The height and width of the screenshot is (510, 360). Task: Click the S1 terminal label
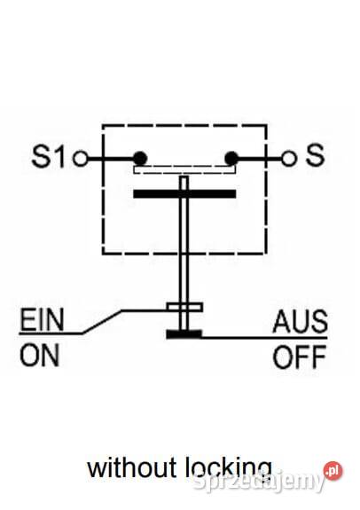49,157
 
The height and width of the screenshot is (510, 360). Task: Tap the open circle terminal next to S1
81,159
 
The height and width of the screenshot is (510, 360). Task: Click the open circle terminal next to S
288,159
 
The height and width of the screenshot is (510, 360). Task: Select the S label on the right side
315,155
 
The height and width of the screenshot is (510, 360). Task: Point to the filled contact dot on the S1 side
140,159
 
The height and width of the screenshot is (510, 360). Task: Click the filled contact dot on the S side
231,159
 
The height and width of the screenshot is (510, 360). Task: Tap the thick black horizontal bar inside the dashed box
184,194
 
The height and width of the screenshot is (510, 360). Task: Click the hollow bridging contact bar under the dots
184,169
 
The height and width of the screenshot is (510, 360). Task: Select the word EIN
42,320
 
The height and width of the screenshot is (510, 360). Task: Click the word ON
40,355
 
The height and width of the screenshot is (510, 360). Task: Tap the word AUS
300,321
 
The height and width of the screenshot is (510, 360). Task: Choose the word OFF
299,357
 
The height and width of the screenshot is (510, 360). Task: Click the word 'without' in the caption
132,467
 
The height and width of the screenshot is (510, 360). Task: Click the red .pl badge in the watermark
333,471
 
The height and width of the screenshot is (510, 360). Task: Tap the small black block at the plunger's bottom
184,334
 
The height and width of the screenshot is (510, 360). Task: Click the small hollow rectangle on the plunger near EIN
184,308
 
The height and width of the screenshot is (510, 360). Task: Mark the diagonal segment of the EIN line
101,322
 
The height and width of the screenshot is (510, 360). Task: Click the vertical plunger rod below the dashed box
184,279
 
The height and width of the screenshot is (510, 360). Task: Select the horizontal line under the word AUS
264,338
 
